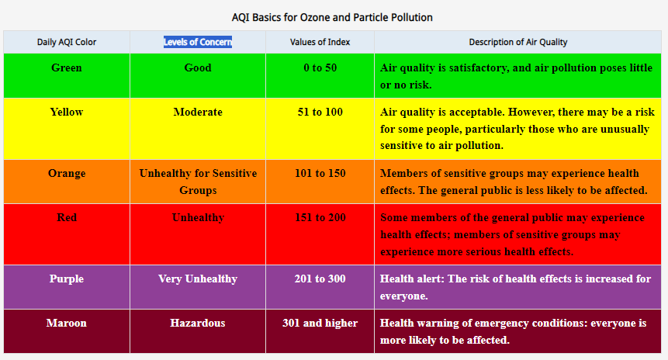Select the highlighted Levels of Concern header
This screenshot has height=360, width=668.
(x=198, y=42)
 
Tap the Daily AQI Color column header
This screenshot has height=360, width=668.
(x=67, y=42)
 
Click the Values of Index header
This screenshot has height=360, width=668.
(x=320, y=42)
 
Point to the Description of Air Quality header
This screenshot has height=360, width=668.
(x=518, y=42)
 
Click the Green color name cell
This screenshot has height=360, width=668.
(x=67, y=67)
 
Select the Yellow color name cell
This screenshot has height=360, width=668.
(x=67, y=112)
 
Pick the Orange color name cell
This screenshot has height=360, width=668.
(x=67, y=173)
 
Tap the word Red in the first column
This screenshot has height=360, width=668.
(x=67, y=218)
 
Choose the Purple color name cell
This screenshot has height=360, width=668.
(x=67, y=279)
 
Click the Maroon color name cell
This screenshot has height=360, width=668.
(x=67, y=323)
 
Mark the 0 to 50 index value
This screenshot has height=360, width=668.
(x=320, y=67)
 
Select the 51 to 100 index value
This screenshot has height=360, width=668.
(x=320, y=112)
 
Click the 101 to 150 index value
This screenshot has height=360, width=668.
(x=320, y=173)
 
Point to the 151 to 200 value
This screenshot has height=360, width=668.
(x=320, y=218)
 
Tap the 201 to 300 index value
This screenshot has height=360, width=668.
(x=320, y=279)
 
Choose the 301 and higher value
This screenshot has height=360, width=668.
(x=320, y=323)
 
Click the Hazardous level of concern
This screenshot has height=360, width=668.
(x=198, y=323)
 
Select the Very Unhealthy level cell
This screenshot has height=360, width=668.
(x=198, y=279)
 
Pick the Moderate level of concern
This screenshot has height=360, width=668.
(x=198, y=112)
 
